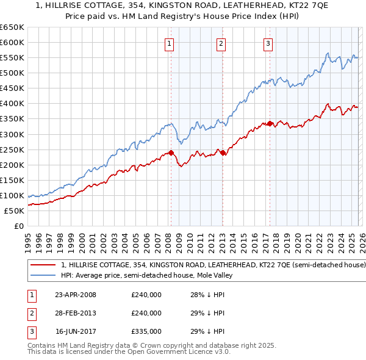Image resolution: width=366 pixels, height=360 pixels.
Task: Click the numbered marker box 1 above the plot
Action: [169, 43]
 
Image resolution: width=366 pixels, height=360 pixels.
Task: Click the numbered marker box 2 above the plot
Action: [220, 43]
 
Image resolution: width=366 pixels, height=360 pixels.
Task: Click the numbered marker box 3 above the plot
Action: [268, 43]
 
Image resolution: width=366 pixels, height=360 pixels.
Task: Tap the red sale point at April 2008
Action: [171, 153]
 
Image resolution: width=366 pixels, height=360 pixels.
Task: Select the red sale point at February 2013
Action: [223, 153]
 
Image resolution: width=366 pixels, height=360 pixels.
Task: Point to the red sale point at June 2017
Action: [269, 123]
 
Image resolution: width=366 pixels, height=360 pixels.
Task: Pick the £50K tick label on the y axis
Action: [15, 211]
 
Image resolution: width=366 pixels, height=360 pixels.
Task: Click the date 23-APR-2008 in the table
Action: [76, 295]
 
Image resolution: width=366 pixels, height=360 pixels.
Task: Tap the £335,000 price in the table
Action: [146, 331]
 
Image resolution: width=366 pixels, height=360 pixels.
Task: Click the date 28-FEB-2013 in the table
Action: [76, 313]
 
